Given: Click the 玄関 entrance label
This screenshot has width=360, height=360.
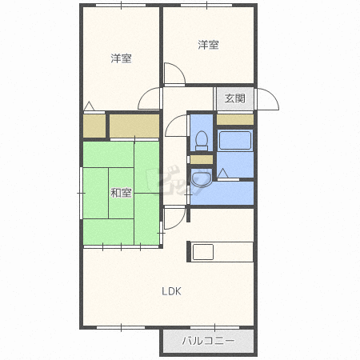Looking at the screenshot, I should [x=235, y=98].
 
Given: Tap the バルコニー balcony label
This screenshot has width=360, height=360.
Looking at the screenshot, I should [x=208, y=340].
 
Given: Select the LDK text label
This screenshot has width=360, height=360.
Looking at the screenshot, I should [x=172, y=291].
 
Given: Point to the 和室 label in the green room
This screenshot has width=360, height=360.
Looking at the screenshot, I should [x=121, y=192].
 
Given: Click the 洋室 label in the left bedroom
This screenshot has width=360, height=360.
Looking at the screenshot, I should [x=121, y=58].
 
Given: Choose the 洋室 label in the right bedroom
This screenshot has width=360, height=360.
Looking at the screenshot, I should [x=209, y=45].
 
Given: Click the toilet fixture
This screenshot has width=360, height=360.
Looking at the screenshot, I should [x=202, y=140].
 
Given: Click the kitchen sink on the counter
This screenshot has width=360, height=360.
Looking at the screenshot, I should [x=202, y=252].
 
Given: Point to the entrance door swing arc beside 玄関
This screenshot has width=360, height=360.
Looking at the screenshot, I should [x=267, y=98].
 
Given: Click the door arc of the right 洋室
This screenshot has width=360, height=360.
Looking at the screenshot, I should [x=173, y=74].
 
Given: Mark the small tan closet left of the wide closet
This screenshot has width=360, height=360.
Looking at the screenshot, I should [x=94, y=126].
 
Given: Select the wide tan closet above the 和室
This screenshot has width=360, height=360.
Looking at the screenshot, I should [x=134, y=126].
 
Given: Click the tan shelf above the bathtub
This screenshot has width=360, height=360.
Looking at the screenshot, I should [x=235, y=120].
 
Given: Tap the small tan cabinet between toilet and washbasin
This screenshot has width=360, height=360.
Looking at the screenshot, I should [x=202, y=159].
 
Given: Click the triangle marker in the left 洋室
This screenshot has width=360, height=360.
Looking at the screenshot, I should [x=89, y=106].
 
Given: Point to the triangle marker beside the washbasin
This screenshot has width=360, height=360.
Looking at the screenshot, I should [x=223, y=172].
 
